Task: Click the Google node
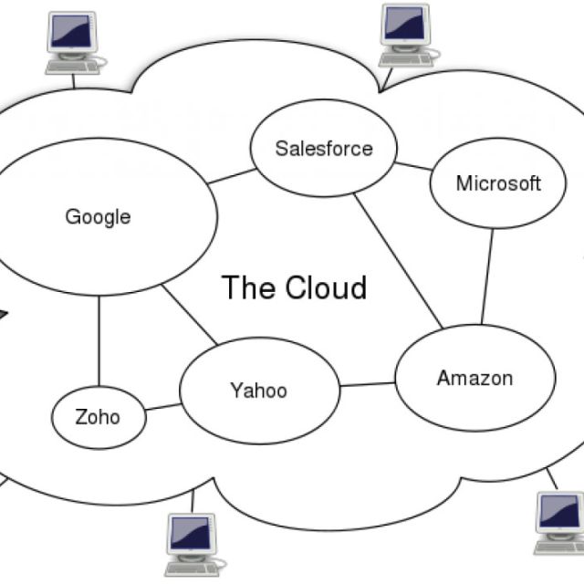pyautogui.click(x=99, y=217)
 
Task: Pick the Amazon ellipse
pyautogui.click(x=474, y=378)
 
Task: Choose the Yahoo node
pyautogui.click(x=258, y=391)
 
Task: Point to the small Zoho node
pyautogui.click(x=98, y=418)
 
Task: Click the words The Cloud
pyautogui.click(x=294, y=287)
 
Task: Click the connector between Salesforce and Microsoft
pyautogui.click(x=413, y=166)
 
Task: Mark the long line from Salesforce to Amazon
pyautogui.click(x=398, y=260)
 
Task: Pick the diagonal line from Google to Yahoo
pyautogui.click(x=190, y=316)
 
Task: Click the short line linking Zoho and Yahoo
pyautogui.click(x=162, y=407)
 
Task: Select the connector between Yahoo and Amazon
pyautogui.click(x=367, y=384)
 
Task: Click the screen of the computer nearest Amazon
pyautogui.click(x=558, y=513)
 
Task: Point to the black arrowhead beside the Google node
pyautogui.click(x=3, y=316)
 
